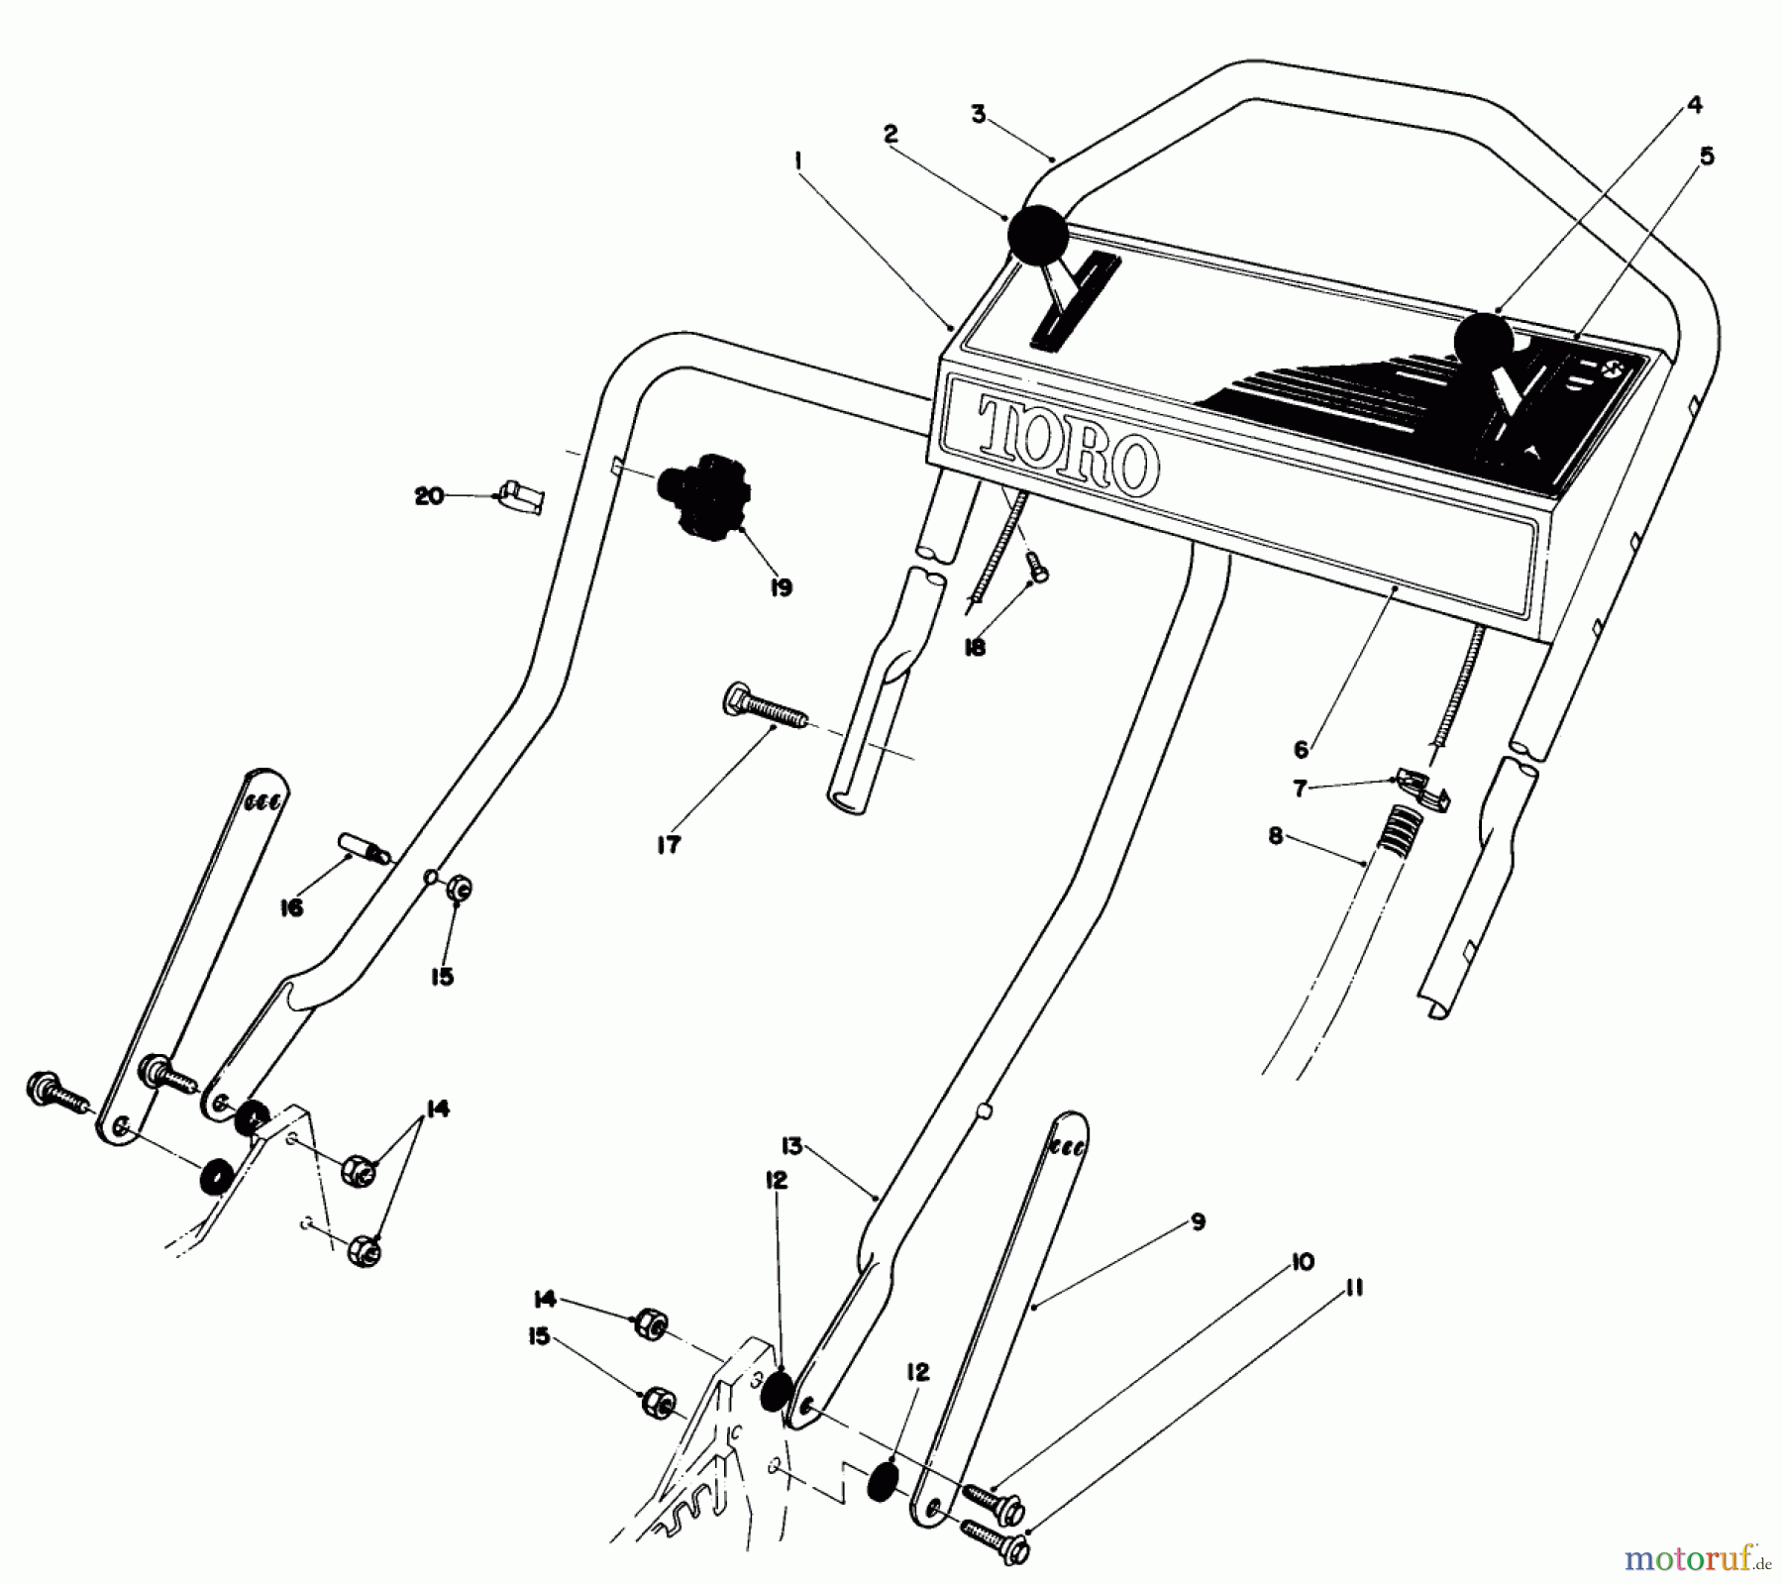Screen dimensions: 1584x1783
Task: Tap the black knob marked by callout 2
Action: [1037, 236]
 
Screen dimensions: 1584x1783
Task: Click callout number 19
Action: [782, 587]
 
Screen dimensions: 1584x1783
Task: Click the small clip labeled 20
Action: [521, 495]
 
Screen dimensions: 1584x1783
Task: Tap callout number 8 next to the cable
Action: [1275, 837]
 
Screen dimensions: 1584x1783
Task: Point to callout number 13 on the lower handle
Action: [789, 1147]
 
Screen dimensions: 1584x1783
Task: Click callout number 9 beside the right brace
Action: [1198, 1222]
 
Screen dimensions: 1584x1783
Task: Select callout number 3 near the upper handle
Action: [979, 114]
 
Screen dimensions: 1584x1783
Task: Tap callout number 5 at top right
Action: [1707, 157]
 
